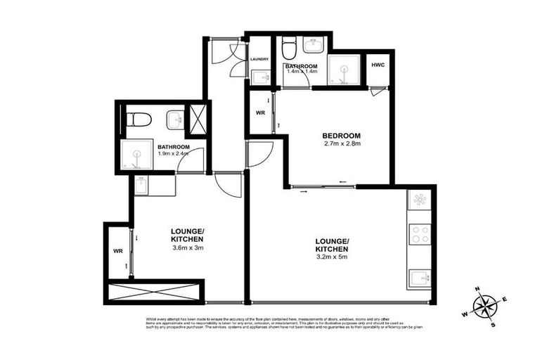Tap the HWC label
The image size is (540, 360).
[x=378, y=65]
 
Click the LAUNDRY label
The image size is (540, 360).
[x=260, y=59]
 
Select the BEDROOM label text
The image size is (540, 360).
[x=342, y=136]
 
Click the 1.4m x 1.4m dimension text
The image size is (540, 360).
[x=302, y=72]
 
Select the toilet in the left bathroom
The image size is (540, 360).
[x=139, y=120]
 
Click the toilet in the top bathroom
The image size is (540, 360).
[x=288, y=49]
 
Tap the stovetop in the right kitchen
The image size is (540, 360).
[x=420, y=234]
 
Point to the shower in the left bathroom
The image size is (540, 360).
[x=135, y=155]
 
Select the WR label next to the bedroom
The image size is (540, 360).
[x=259, y=112]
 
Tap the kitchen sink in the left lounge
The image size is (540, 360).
[x=141, y=186]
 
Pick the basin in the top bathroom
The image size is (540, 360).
[x=312, y=46]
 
